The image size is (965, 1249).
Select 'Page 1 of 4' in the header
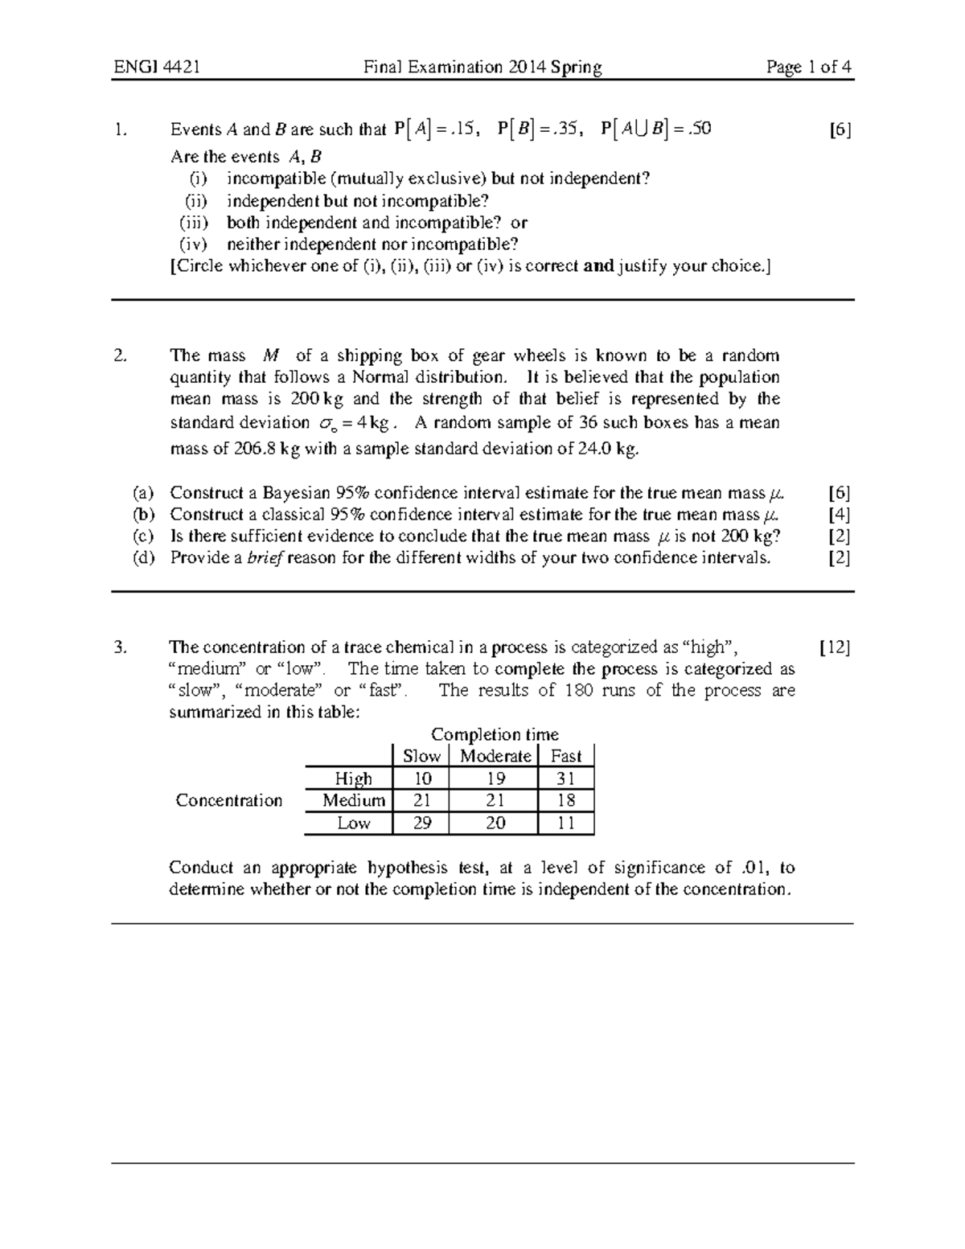click(x=808, y=68)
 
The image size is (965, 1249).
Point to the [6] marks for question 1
click(x=840, y=130)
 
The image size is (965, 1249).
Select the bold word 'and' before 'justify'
click(x=598, y=266)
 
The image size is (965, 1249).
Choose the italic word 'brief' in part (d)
click(x=266, y=558)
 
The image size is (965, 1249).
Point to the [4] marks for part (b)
click(x=839, y=515)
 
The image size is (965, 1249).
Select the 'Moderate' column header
click(x=495, y=756)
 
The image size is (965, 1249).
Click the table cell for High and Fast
click(x=566, y=779)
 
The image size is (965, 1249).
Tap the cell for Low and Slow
click(x=421, y=823)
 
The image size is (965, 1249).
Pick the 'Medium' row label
click(x=353, y=800)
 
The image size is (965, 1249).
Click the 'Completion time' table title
click(x=495, y=734)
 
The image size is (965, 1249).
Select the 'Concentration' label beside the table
click(x=229, y=800)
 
